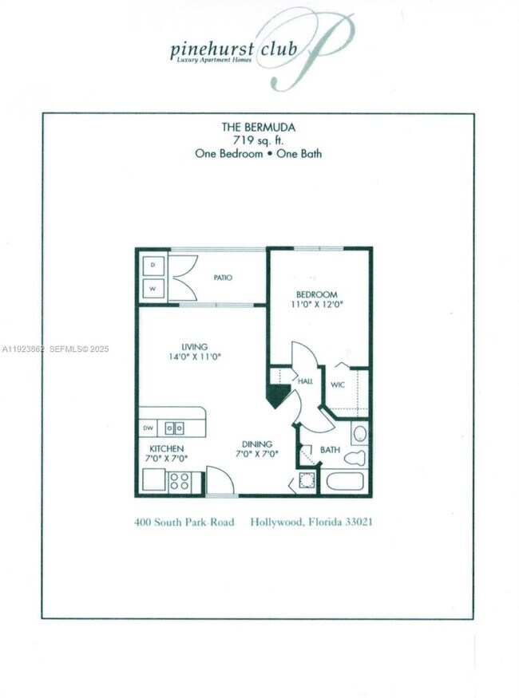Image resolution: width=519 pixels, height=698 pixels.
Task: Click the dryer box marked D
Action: click(x=153, y=264)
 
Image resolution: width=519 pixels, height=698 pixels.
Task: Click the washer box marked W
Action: click(x=153, y=287)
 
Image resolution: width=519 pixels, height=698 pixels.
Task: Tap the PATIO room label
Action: click(x=223, y=278)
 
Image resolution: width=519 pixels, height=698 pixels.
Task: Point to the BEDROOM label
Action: click(x=317, y=294)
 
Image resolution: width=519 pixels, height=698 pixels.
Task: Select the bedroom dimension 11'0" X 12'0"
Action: click(x=317, y=305)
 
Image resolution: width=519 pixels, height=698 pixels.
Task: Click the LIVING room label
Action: click(x=194, y=347)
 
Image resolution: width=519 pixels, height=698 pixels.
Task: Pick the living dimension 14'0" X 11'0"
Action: click(x=194, y=357)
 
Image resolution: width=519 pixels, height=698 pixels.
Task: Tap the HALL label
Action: click(x=305, y=382)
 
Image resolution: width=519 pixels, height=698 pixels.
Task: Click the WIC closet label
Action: click(x=339, y=384)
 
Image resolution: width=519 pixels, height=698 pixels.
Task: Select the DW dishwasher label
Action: click(x=148, y=428)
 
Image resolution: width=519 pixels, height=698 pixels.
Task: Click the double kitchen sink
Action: click(x=175, y=428)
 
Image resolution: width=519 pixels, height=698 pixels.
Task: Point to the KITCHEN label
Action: click(x=165, y=449)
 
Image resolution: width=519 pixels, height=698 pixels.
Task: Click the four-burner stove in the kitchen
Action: click(x=179, y=481)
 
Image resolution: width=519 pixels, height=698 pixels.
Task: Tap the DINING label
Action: click(x=257, y=444)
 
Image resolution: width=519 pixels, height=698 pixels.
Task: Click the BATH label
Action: click(x=330, y=450)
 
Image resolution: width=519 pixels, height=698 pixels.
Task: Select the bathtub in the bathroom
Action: click(x=345, y=482)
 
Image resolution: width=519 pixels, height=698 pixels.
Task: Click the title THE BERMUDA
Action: click(x=258, y=127)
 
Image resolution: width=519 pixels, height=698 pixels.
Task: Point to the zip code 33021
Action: click(x=357, y=523)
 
